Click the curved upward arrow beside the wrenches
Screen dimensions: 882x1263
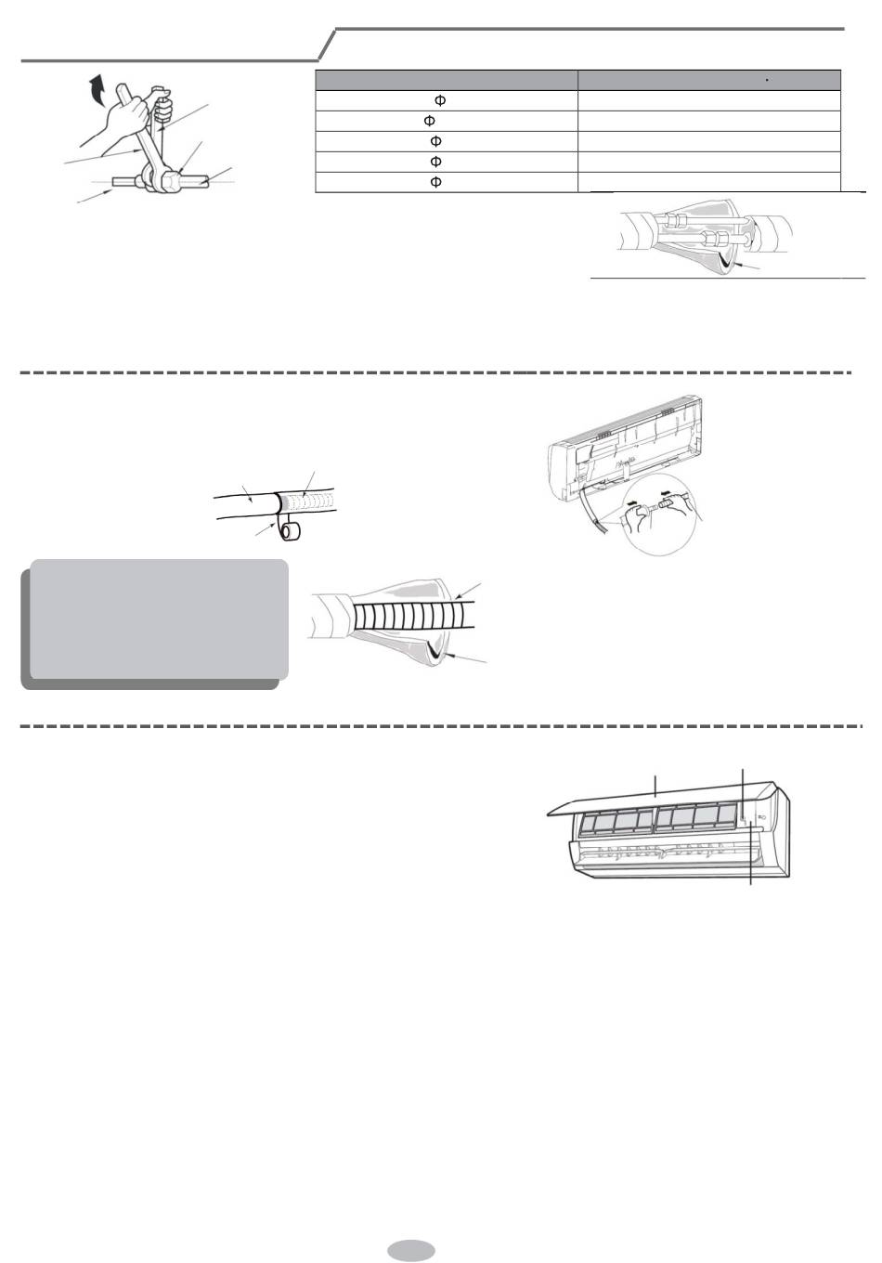pyautogui.click(x=97, y=90)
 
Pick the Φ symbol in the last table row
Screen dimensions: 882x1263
pyautogui.click(x=435, y=182)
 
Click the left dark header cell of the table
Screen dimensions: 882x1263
pyautogui.click(x=447, y=81)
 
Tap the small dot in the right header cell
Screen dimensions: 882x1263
pyautogui.click(x=767, y=81)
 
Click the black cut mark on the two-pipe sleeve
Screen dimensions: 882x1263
pyautogui.click(x=726, y=260)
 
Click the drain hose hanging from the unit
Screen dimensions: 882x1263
pyautogui.click(x=594, y=513)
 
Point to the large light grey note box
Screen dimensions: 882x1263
pyautogui.click(x=159, y=619)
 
